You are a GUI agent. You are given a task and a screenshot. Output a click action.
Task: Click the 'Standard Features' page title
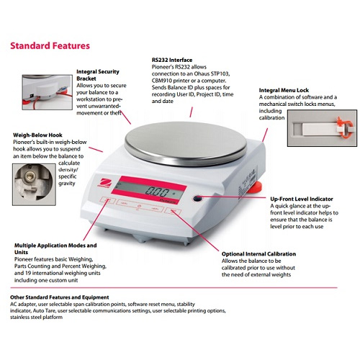pyautogui.click(x=50, y=46)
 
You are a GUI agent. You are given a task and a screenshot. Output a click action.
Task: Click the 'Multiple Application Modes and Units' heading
pyautogui.click(x=65, y=249)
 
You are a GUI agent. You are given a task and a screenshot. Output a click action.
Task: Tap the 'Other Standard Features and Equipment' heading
pyautogui.click(x=60, y=297)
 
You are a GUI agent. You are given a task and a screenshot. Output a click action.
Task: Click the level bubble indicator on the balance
pyautogui.click(x=196, y=198)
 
